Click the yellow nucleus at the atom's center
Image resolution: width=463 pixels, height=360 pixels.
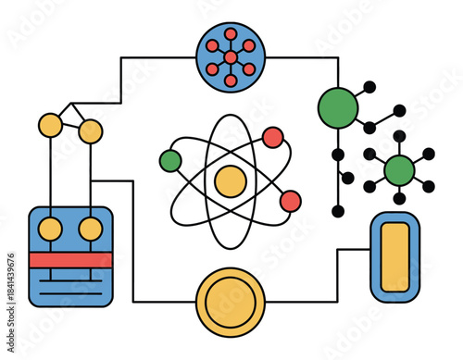click(230, 180)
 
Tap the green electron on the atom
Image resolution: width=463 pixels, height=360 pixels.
click(170, 160)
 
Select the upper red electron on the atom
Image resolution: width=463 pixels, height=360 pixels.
click(272, 137)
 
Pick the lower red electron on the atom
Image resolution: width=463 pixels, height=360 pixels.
click(290, 201)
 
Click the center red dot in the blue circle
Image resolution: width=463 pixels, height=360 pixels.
click(231, 57)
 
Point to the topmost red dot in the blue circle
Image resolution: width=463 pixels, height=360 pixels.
click(231, 34)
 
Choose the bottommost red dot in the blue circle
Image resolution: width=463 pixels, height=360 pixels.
click(231, 81)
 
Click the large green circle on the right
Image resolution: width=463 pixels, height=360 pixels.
click(338, 107)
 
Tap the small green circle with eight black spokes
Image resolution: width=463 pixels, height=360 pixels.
click(399, 169)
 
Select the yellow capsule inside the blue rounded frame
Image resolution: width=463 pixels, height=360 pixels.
click(394, 256)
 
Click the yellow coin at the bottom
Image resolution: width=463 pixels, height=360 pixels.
click(231, 303)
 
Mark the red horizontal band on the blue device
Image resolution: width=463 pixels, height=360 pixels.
click(70, 260)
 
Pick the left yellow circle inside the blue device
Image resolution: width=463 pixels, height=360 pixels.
click(50, 229)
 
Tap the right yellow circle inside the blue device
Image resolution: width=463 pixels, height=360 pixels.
click(90, 229)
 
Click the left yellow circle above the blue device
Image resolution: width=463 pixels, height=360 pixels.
click(50, 124)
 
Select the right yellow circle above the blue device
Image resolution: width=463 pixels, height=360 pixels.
click(90, 131)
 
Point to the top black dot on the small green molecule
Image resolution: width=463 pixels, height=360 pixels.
click(399, 136)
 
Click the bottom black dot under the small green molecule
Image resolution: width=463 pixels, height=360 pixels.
click(399, 198)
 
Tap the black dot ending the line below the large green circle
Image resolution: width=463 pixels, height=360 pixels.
click(338, 211)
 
